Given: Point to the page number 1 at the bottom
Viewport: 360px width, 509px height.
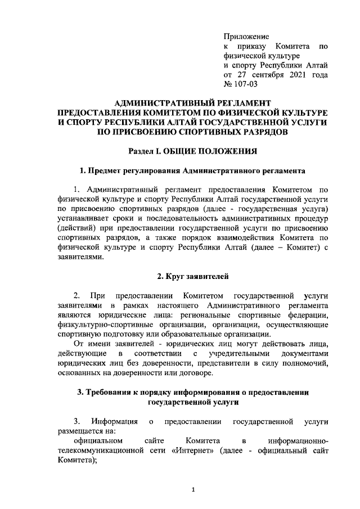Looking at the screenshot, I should coord(193,489).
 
